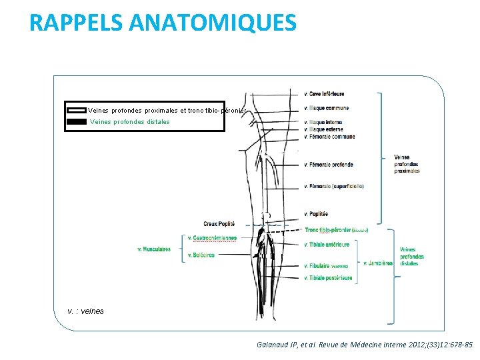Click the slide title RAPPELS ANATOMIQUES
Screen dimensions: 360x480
coord(163,23)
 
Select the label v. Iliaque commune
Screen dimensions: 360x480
coord(326,108)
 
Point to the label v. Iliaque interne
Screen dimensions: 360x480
coord(324,123)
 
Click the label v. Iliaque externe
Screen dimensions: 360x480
coord(325,129)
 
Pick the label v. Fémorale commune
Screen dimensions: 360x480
coord(329,137)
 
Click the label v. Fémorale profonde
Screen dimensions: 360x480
coord(329,165)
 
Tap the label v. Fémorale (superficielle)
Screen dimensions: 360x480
coord(333,186)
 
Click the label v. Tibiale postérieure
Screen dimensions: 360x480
coord(328,278)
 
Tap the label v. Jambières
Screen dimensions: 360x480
coord(377,263)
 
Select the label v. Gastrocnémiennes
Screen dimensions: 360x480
coord(212,238)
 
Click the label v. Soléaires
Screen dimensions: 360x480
coord(201,255)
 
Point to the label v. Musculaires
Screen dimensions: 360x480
coord(154,249)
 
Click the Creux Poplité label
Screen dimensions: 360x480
coord(219,223)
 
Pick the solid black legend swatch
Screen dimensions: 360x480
coord(77,121)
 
